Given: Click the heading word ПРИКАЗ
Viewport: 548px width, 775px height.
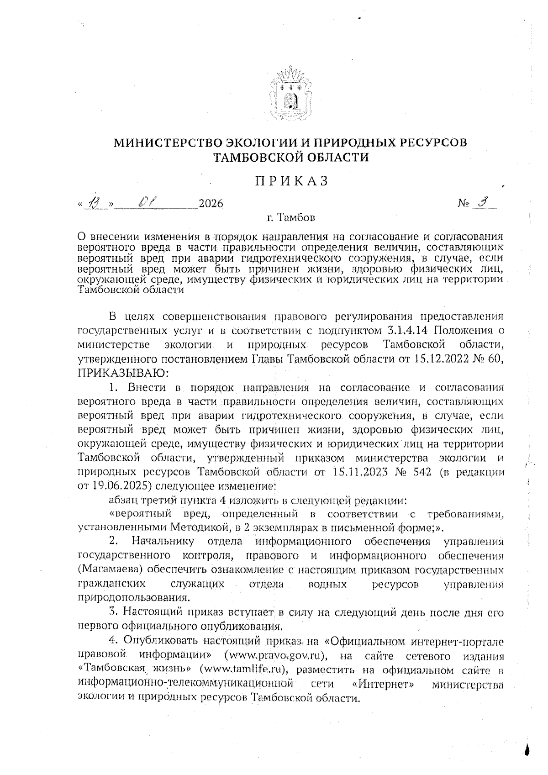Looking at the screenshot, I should click(291, 181).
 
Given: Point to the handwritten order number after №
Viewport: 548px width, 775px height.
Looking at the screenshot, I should click(486, 202).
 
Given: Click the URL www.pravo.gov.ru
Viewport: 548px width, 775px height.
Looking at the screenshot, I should click(274, 657).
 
